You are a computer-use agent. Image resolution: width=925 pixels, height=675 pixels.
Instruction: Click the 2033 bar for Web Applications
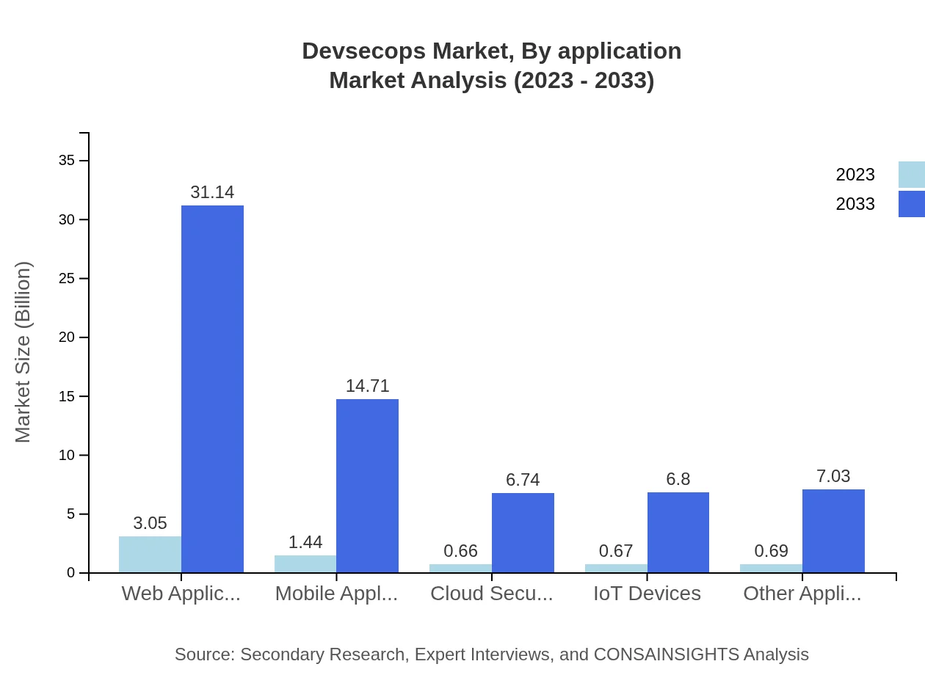pyautogui.click(x=212, y=389)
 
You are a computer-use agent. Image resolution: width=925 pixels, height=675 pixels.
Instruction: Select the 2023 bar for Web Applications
pyautogui.click(x=150, y=555)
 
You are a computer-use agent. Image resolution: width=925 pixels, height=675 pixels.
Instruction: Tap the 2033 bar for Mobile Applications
pyautogui.click(x=367, y=486)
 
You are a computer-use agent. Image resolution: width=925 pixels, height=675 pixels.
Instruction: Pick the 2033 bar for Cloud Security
pyautogui.click(x=523, y=533)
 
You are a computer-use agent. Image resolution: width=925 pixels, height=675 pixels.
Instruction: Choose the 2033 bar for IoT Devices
pyautogui.click(x=678, y=533)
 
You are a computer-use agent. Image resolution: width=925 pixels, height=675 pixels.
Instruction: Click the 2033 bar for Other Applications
pyautogui.click(x=833, y=531)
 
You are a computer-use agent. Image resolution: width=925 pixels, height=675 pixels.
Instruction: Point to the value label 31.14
pyautogui.click(x=212, y=192)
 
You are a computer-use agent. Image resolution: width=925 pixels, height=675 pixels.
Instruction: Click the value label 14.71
pyautogui.click(x=367, y=386)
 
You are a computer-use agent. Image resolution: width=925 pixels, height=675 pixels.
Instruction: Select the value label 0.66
pyautogui.click(x=460, y=551)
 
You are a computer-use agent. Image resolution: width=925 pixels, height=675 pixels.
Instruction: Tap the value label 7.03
pyautogui.click(x=833, y=476)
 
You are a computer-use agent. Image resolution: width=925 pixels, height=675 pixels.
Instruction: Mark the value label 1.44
pyautogui.click(x=305, y=542)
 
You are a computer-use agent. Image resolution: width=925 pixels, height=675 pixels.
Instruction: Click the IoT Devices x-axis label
pyautogui.click(x=647, y=594)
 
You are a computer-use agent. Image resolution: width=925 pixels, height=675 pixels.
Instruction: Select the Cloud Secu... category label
pyautogui.click(x=491, y=594)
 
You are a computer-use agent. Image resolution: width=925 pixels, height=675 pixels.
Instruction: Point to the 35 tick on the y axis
pyautogui.click(x=67, y=161)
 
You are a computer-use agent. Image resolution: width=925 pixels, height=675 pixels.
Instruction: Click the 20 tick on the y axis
pyautogui.click(x=67, y=337)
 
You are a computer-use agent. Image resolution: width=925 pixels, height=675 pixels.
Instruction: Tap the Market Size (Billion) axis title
pyautogui.click(x=23, y=352)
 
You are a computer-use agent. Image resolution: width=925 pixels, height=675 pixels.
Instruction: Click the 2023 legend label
pyautogui.click(x=855, y=175)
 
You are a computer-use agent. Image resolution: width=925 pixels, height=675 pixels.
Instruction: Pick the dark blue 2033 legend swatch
pyautogui.click(x=911, y=204)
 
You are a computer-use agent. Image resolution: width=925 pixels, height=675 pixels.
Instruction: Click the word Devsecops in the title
pyautogui.click(x=363, y=51)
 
